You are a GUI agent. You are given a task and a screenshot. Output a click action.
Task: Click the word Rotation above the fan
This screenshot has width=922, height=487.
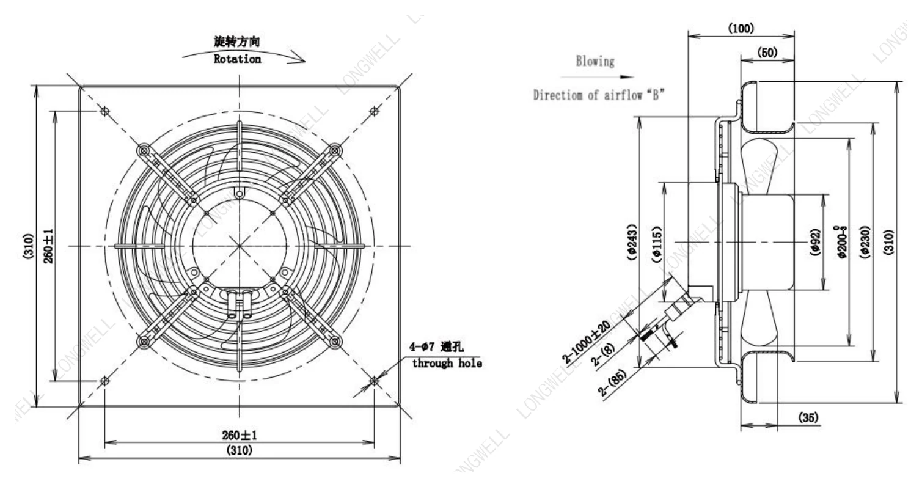[x=237, y=59]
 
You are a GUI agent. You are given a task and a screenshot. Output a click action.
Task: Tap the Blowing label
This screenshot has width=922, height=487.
[x=595, y=61]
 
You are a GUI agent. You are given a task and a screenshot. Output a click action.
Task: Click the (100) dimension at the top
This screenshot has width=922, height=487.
[x=741, y=28]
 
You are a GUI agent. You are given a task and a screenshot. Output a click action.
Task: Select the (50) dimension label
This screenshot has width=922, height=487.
[x=767, y=53]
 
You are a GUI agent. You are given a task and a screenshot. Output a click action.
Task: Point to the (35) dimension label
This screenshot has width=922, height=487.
[x=808, y=417]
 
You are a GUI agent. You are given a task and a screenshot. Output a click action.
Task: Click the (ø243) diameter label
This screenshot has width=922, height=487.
[x=632, y=242]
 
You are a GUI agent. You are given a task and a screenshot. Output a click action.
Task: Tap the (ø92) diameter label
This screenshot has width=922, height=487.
[x=816, y=242]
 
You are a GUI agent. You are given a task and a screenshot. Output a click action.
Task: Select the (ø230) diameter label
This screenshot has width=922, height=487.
[x=865, y=242]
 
